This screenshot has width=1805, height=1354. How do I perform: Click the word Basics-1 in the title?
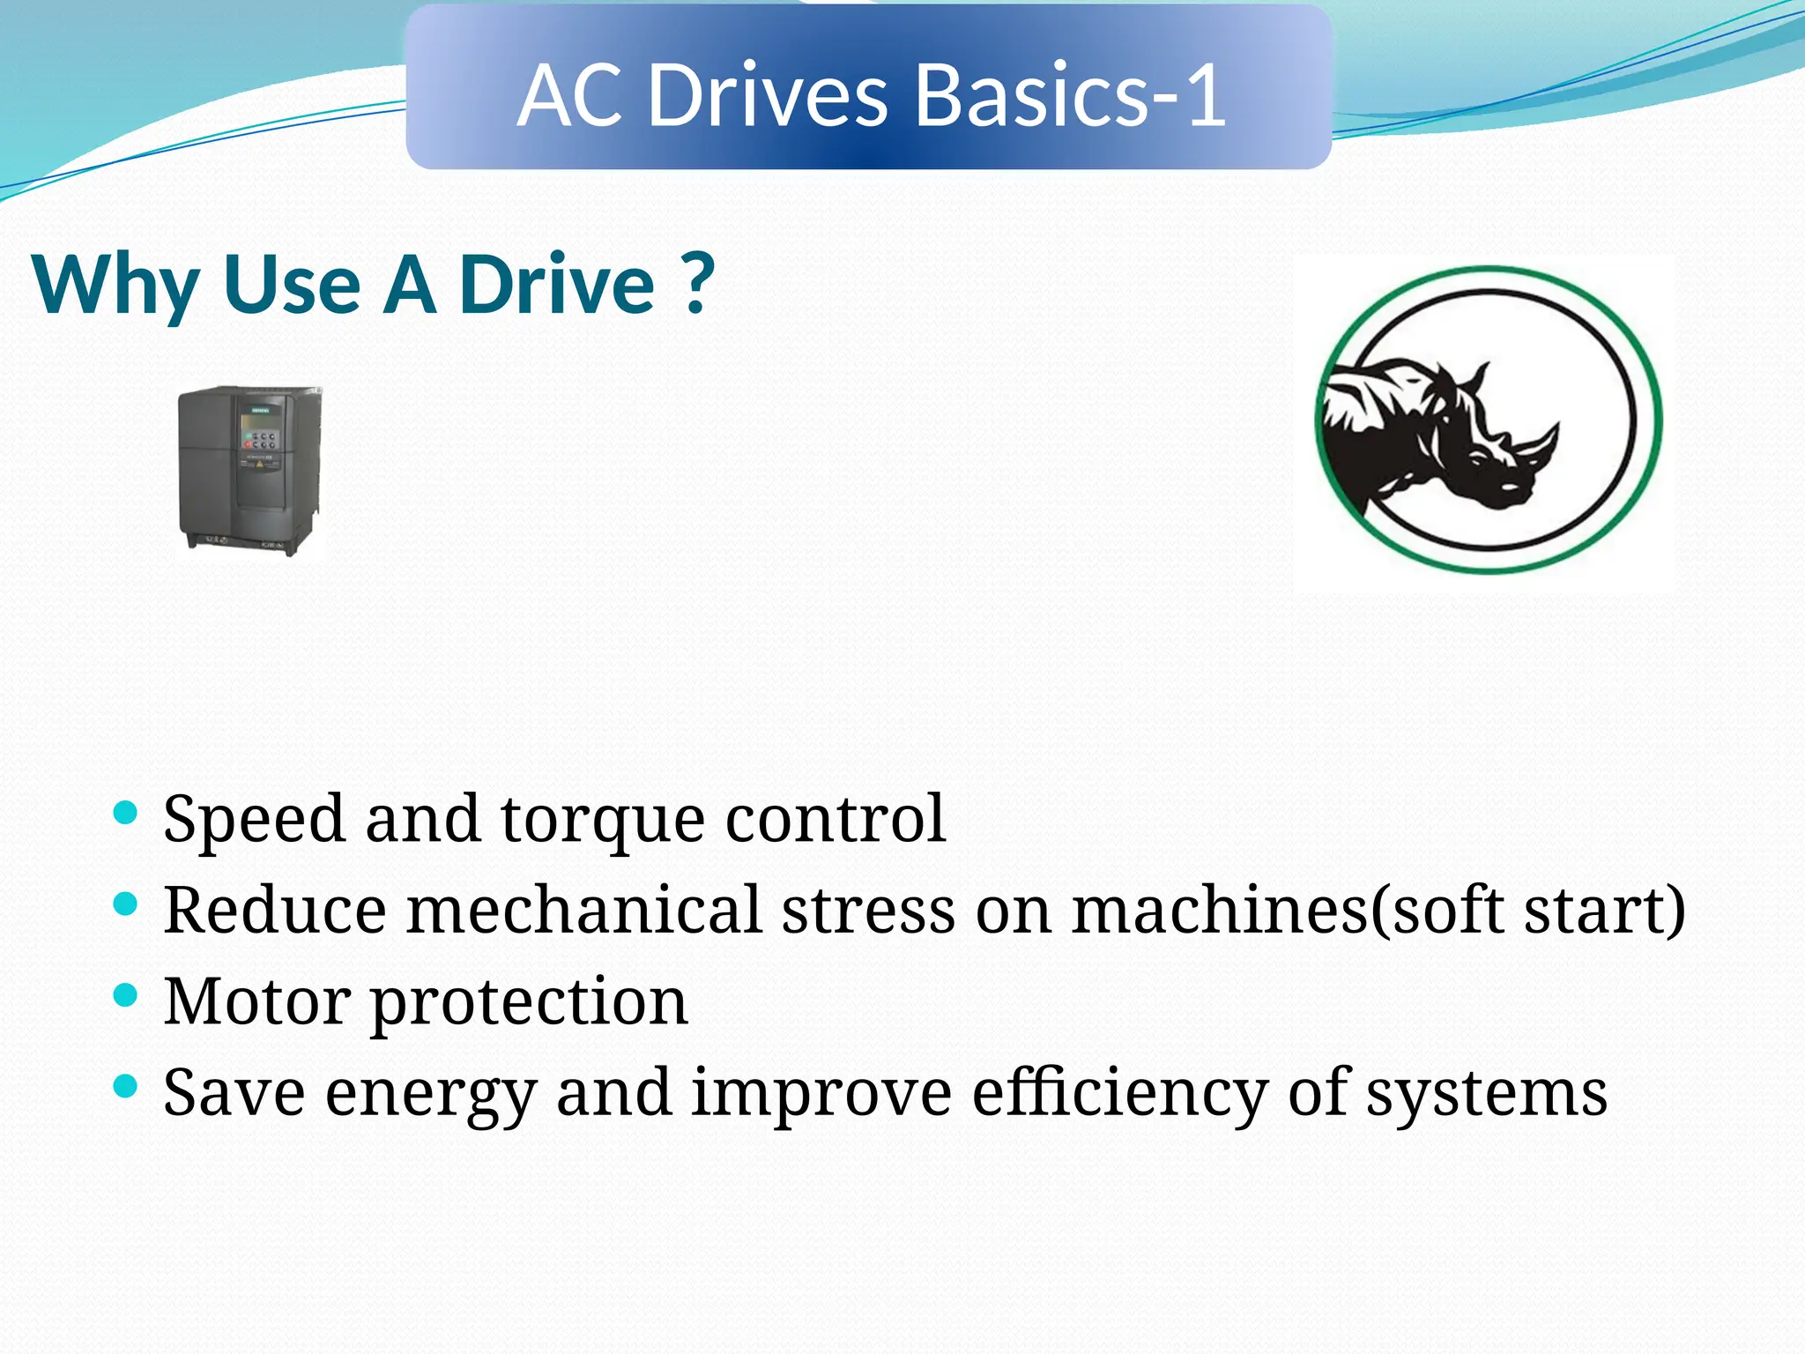pyautogui.click(x=1071, y=95)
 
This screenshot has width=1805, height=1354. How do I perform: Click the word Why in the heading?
pyautogui.click(x=115, y=286)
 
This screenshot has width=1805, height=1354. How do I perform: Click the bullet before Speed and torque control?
pyautogui.click(x=126, y=812)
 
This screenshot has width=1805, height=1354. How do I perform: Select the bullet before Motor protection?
pyautogui.click(x=126, y=995)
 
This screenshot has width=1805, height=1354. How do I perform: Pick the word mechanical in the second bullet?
pyautogui.click(x=583, y=911)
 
